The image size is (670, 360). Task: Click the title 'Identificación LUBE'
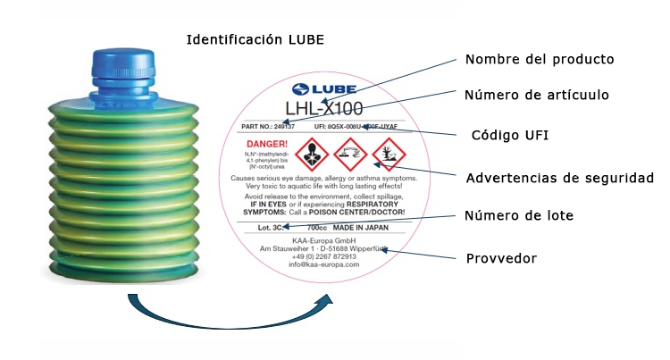coord(255,40)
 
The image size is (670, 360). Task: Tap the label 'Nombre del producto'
coord(539,60)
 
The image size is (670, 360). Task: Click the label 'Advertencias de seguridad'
coord(559,178)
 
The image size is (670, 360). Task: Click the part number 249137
coord(282,127)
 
